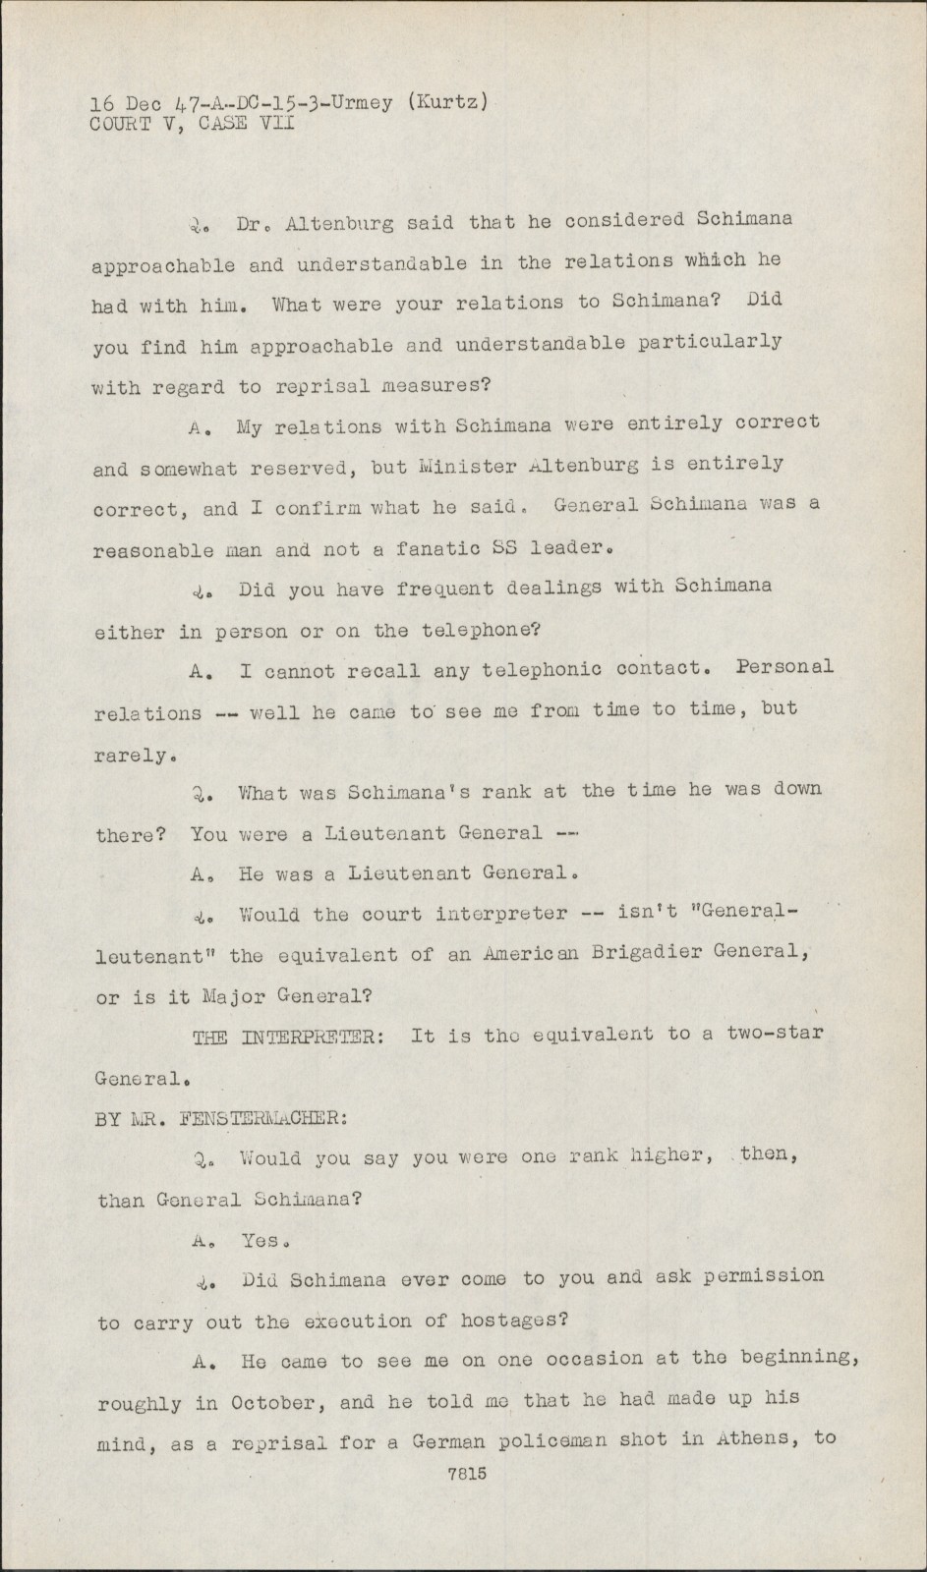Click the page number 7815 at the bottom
pyautogui.click(x=467, y=1474)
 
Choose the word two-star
pyautogui.click(x=776, y=1034)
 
